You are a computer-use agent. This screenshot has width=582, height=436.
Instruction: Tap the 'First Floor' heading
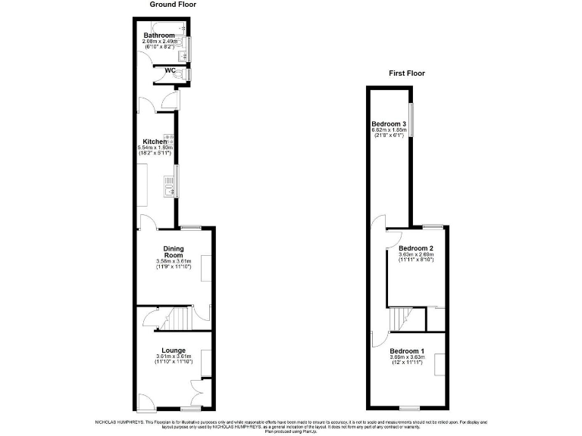click(407, 73)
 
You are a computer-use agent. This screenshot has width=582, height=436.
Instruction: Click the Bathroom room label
click(159, 36)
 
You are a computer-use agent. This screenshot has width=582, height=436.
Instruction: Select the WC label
click(161, 71)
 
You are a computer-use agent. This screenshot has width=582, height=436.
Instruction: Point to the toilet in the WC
click(175, 74)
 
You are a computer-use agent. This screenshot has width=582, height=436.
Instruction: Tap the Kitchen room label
click(155, 142)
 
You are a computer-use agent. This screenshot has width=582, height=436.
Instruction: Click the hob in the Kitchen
click(171, 139)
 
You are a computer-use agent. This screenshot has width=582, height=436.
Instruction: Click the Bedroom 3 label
click(389, 124)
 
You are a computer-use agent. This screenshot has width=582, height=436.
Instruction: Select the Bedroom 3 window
click(411, 120)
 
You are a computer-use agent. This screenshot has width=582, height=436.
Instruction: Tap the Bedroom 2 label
click(416, 248)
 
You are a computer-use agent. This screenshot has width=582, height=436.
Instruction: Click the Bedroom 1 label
click(407, 350)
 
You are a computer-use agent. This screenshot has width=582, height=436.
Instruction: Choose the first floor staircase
click(399, 319)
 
